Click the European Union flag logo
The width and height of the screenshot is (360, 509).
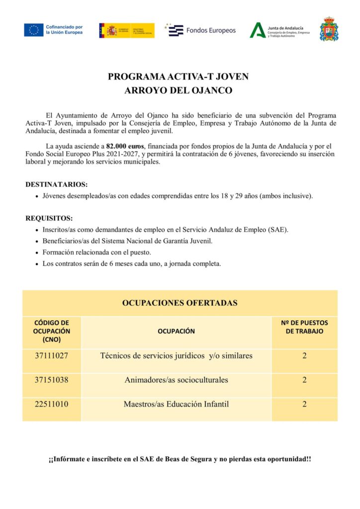(33, 30)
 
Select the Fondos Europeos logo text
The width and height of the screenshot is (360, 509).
(211, 30)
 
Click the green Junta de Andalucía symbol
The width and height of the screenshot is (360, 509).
(257, 30)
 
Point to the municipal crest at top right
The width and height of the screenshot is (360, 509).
(329, 29)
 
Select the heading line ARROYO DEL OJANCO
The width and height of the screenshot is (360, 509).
(178, 91)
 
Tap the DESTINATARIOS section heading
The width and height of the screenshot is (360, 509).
(56, 184)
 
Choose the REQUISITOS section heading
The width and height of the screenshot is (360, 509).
(49, 218)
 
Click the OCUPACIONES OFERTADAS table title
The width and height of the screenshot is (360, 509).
(180, 303)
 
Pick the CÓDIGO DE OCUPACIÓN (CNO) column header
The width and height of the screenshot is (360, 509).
(52, 331)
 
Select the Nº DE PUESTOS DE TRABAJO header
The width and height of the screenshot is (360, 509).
(304, 327)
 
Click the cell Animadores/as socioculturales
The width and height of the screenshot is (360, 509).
(176, 380)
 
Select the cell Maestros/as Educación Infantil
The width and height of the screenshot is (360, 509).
(176, 404)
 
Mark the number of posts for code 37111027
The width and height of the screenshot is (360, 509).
(304, 356)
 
